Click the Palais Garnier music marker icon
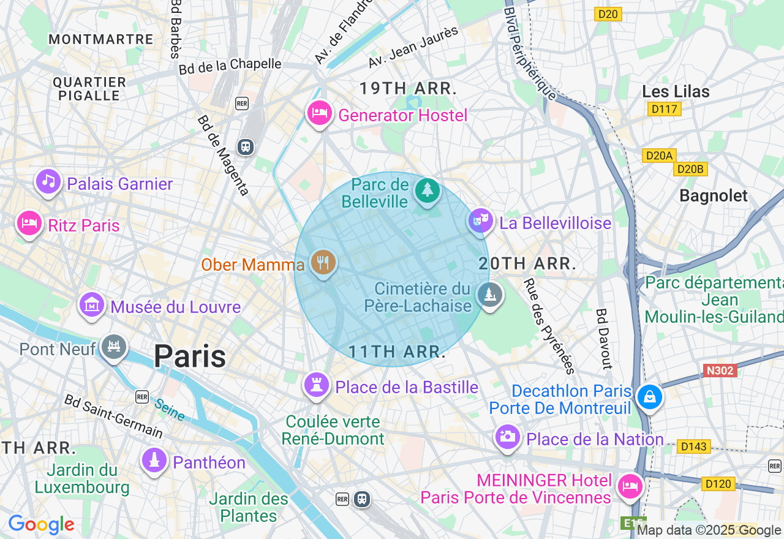tap(48, 181)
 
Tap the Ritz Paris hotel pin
tap(28, 223)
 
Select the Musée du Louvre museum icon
tap(92, 304)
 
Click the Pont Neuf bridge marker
tap(113, 347)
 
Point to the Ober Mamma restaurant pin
tap(322, 263)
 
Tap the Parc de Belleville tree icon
tap(427, 190)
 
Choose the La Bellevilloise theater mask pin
tap(481, 220)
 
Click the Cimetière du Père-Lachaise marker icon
tap(489, 295)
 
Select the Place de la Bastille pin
tap(317, 385)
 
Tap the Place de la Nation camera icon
tap(507, 437)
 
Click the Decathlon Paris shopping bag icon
tap(649, 397)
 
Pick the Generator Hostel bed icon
tap(319, 113)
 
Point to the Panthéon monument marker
tap(154, 460)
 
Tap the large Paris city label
tap(189, 356)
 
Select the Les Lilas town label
tap(676, 92)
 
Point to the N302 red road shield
tap(720, 371)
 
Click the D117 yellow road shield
tap(664, 109)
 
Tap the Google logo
tap(41, 525)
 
